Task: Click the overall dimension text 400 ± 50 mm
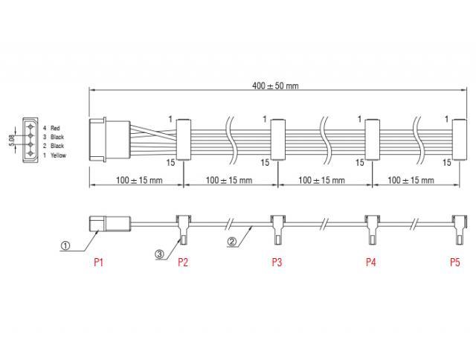coord(275,86)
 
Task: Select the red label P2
coord(183,263)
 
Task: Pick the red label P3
coord(277,263)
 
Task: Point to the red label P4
coord(370,263)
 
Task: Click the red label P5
coord(455,263)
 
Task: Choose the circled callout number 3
coord(159,253)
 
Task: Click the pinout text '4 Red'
coord(51,128)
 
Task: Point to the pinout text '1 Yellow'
coord(54,155)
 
